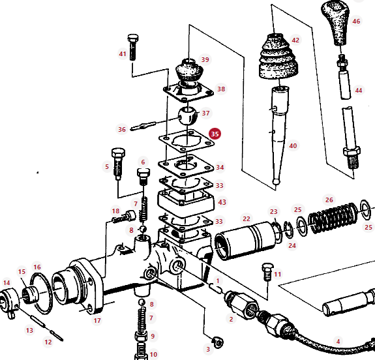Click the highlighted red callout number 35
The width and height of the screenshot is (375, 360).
(x=215, y=134)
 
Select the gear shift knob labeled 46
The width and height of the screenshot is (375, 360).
(x=335, y=23)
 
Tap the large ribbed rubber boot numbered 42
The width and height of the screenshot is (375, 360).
(x=278, y=57)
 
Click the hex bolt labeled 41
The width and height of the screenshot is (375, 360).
(x=132, y=47)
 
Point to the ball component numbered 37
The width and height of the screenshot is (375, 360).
(x=188, y=116)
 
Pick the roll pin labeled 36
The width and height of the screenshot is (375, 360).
(x=143, y=126)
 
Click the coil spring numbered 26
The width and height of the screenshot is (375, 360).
(x=333, y=218)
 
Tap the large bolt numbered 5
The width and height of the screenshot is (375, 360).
(x=118, y=164)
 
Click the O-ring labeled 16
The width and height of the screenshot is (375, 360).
(x=41, y=293)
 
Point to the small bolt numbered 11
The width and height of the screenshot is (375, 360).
(x=268, y=272)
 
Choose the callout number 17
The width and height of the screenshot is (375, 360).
(x=97, y=320)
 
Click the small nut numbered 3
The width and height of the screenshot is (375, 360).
(x=218, y=342)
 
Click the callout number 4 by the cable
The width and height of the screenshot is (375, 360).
(x=338, y=341)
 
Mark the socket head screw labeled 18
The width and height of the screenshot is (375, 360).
(x=124, y=217)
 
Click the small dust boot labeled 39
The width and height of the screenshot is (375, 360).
(x=189, y=70)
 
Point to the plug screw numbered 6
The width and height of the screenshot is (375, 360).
(x=143, y=177)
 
